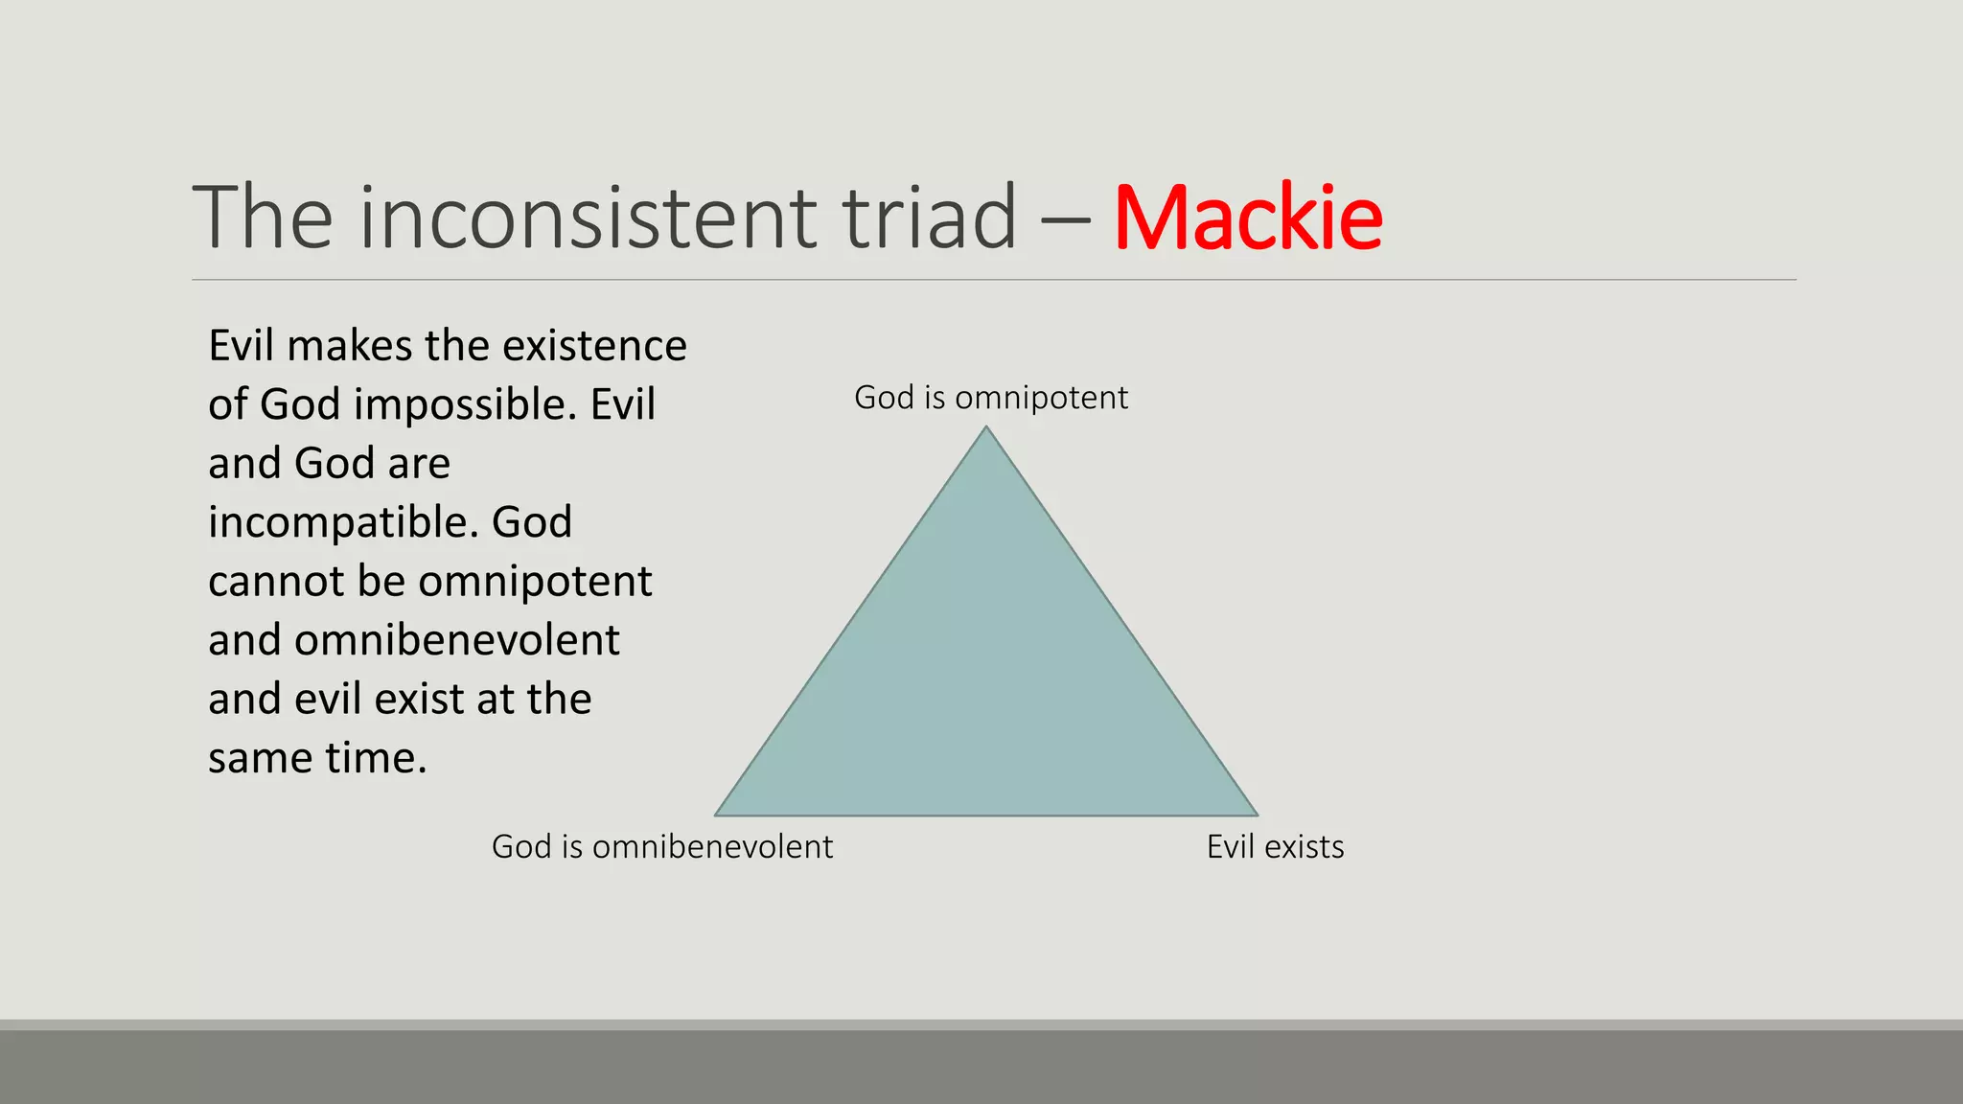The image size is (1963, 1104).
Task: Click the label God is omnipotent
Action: tap(990, 398)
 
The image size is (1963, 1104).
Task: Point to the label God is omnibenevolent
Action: tap(661, 847)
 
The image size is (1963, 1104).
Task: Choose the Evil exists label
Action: tap(1275, 847)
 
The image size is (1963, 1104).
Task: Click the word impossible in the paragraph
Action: tap(465, 405)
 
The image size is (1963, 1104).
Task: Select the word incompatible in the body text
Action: tap(342, 523)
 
